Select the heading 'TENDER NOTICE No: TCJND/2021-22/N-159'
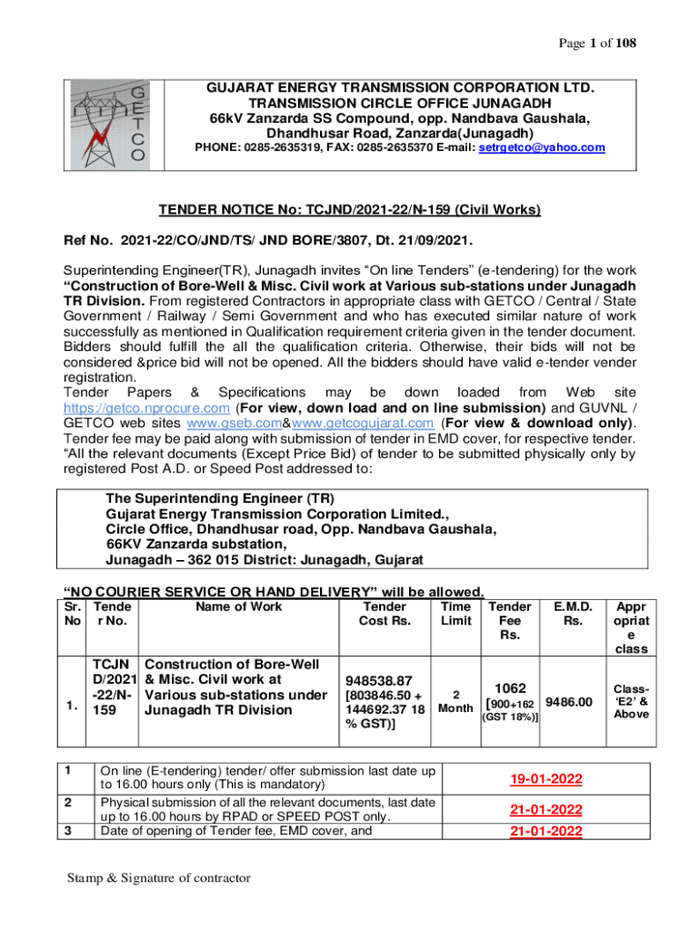350,210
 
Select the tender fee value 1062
509,689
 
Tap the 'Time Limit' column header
455,614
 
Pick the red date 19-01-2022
545,779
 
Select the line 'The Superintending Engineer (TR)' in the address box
220,498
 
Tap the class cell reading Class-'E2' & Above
631,701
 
